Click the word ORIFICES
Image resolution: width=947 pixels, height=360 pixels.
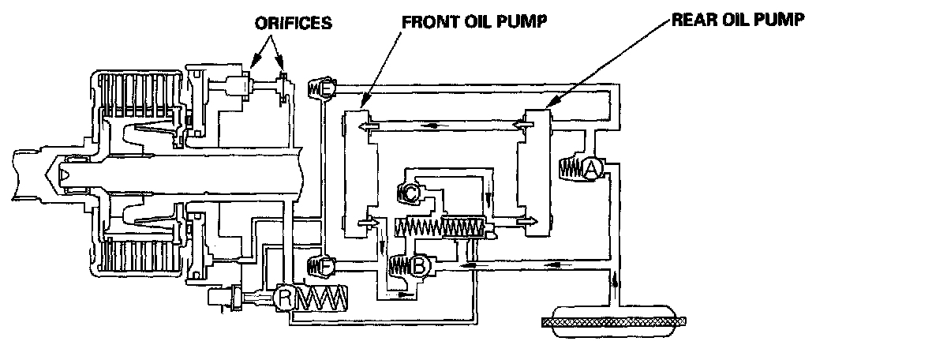(294, 23)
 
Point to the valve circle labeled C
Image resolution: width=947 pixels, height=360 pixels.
(412, 192)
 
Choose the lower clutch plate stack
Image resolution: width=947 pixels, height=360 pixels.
(132, 257)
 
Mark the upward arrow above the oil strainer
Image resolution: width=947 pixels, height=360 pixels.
(613, 281)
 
